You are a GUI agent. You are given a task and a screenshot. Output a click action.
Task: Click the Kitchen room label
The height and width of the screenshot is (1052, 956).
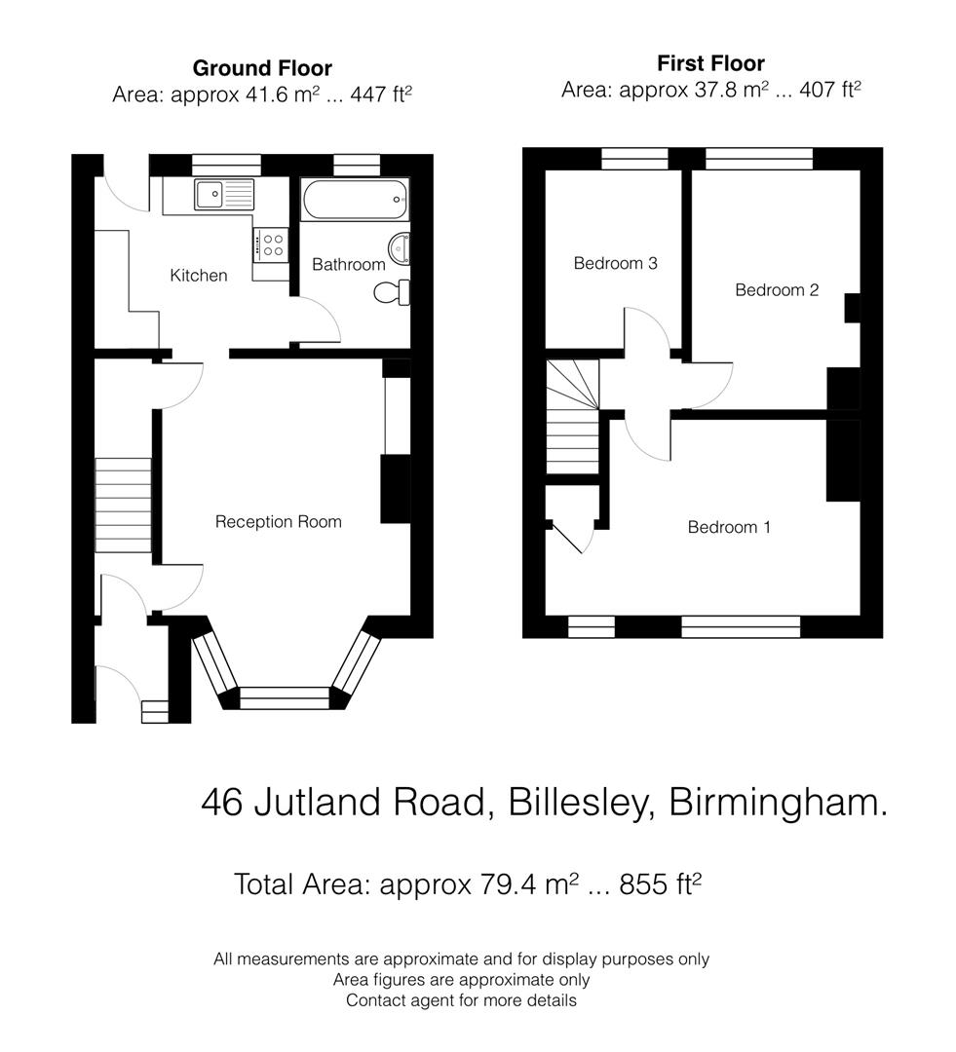(199, 276)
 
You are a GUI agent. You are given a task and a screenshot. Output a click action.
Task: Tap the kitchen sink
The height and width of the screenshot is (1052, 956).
(223, 194)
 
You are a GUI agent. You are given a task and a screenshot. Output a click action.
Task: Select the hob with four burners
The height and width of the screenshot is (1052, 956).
(272, 244)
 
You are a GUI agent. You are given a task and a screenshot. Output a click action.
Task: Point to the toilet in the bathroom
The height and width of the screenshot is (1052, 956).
(395, 290)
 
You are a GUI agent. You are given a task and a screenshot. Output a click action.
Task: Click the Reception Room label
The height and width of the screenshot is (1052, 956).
(278, 522)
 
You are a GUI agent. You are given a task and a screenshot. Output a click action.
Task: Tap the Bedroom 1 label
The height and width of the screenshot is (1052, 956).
(729, 527)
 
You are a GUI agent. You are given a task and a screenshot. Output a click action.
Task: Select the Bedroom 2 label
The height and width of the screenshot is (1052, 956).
(777, 290)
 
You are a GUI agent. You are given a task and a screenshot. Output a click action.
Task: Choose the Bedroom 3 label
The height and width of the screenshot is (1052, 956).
(615, 263)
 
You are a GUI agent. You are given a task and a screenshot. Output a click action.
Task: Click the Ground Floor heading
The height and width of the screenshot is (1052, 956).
(262, 68)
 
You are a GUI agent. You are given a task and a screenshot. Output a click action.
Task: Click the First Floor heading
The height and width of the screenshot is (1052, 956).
(710, 64)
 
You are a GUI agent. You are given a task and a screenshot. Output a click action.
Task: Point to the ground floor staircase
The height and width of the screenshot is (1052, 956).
(124, 506)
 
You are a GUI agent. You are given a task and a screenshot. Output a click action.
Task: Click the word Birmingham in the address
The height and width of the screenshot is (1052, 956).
(778, 803)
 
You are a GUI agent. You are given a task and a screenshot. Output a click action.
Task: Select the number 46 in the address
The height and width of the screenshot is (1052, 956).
(222, 803)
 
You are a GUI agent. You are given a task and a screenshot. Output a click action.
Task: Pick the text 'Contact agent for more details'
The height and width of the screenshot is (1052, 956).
(461, 1000)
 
